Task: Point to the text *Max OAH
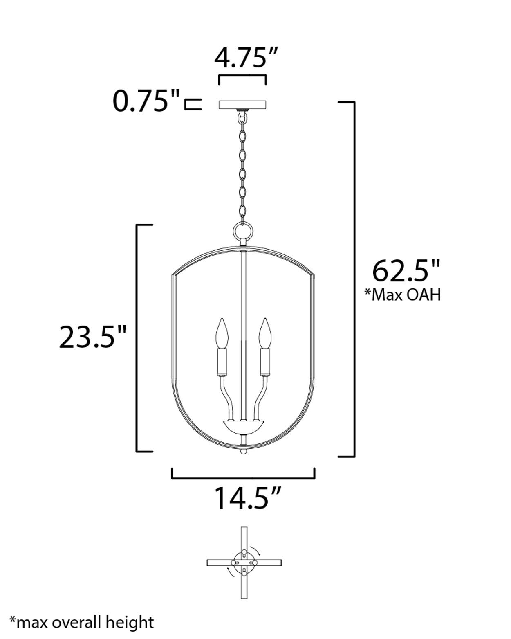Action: pyautogui.click(x=403, y=295)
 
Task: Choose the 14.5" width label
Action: pyautogui.click(x=248, y=498)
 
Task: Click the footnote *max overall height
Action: pyautogui.click(x=82, y=622)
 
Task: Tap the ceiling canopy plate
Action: pyautogui.click(x=243, y=105)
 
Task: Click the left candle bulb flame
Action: pyautogui.click(x=222, y=333)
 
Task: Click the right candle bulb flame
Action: pyautogui.click(x=265, y=333)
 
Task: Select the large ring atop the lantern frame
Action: pyautogui.click(x=243, y=231)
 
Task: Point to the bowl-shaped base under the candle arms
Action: pyautogui.click(x=243, y=427)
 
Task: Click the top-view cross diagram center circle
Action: pyautogui.click(x=244, y=563)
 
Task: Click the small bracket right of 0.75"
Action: pyautogui.click(x=193, y=104)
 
